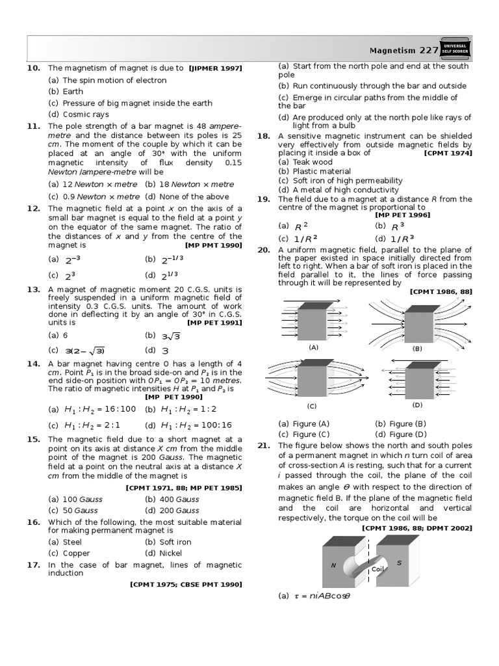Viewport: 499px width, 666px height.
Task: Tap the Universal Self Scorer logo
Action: [455, 49]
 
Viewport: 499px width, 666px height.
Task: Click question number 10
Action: [34, 68]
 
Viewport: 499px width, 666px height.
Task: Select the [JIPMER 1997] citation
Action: [215, 68]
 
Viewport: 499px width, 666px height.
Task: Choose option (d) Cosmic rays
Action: [79, 114]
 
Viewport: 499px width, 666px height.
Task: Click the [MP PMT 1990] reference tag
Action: [214, 246]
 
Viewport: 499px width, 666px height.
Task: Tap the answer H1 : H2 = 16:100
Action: [92, 409]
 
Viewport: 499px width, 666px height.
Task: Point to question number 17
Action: [34, 565]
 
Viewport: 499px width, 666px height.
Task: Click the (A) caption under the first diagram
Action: [313, 347]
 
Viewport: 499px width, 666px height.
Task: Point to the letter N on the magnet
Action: [333, 565]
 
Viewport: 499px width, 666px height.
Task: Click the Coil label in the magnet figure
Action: [377, 569]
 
